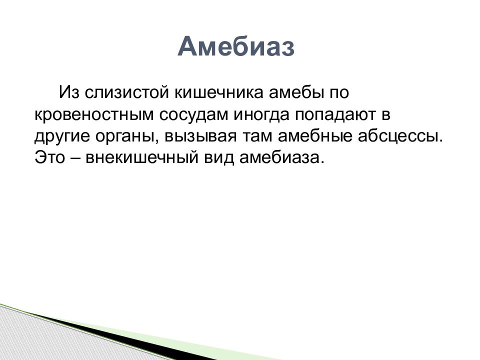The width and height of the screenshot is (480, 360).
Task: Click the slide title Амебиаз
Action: point(236,47)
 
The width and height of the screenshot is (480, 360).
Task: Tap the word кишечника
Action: point(219,92)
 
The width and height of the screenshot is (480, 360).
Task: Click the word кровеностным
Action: point(93,115)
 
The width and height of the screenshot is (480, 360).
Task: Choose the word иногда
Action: point(262,115)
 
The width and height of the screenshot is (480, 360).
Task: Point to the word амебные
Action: point(315,136)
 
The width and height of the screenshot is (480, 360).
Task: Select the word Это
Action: point(50,158)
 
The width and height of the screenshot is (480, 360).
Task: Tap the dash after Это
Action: point(75,159)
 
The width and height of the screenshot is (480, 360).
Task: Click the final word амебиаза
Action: point(281,158)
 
